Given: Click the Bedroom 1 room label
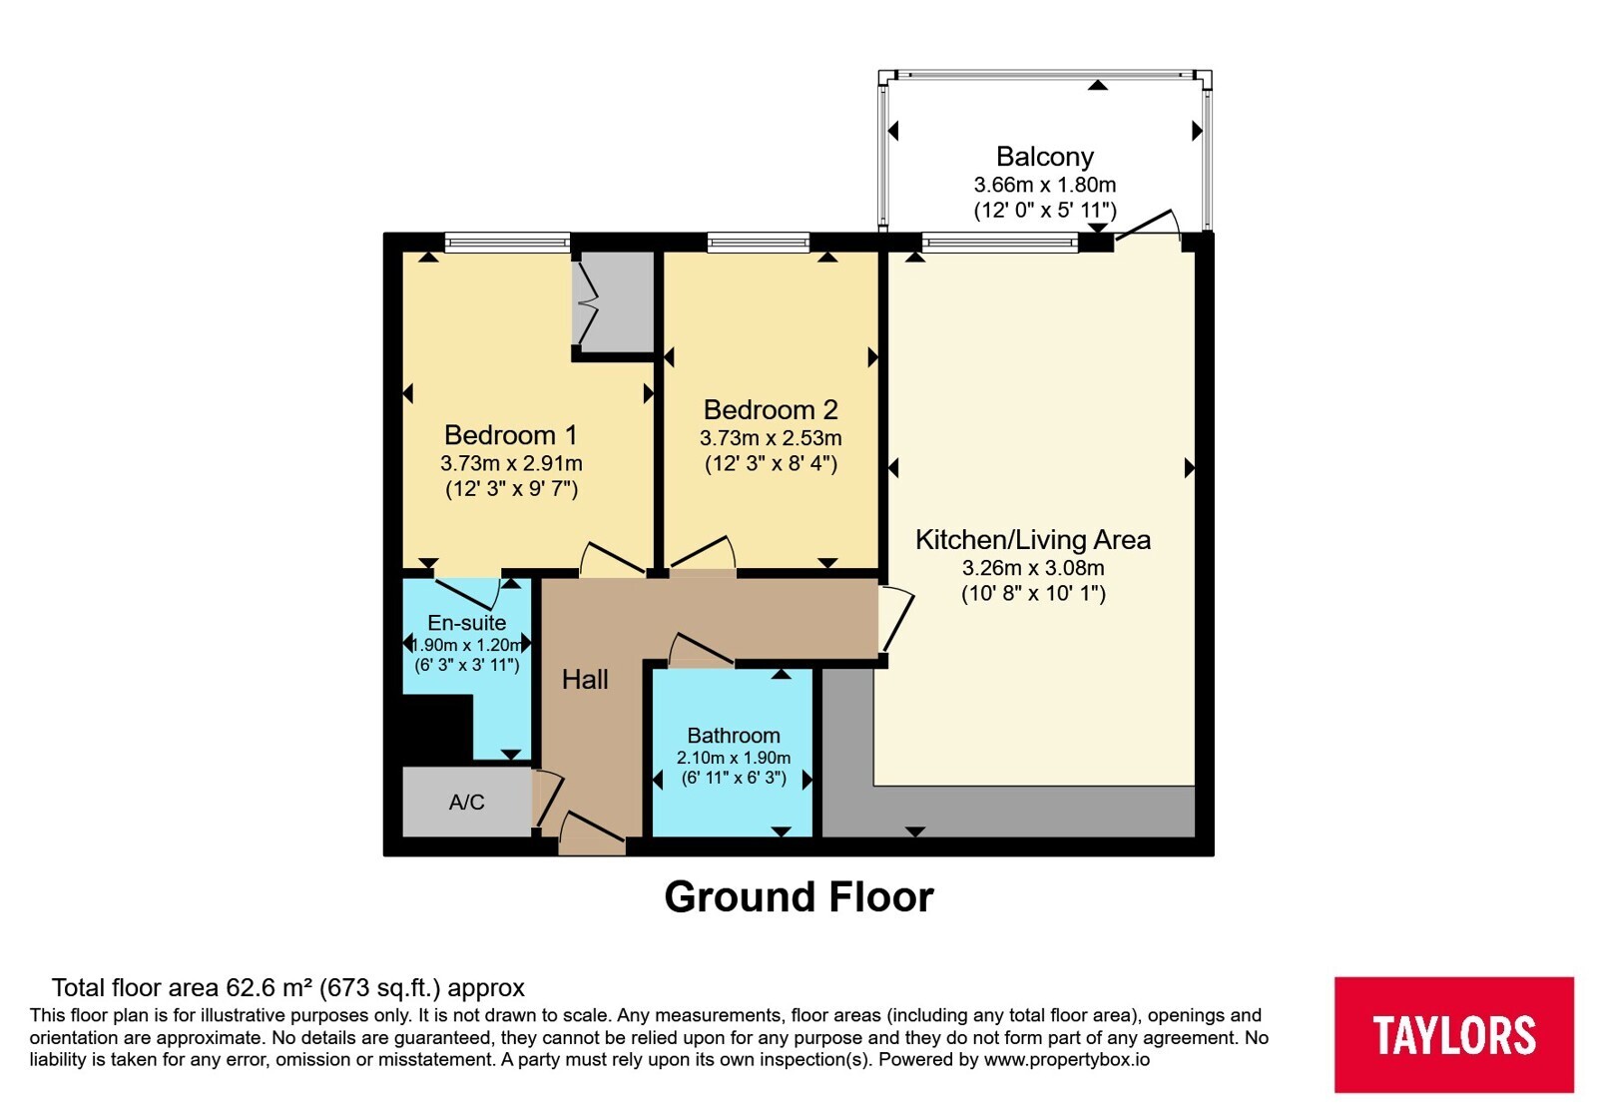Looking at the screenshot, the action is [510, 435].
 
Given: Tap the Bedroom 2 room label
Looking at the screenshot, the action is [771, 410].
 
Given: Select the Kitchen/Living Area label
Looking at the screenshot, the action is [1033, 540].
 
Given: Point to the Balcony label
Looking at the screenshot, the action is [1044, 156].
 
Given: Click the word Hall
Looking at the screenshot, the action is [585, 680].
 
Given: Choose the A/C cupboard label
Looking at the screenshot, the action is [467, 803].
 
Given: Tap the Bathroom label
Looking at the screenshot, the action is [734, 735].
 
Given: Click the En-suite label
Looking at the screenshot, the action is [467, 623].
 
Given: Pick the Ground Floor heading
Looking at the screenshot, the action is [798, 896].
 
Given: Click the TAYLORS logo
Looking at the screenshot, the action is [1454, 1034].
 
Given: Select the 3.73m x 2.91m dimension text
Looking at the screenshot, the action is [511, 463].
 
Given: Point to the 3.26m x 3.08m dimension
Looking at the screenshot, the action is [1033, 568].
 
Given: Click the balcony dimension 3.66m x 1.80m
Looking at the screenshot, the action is [1045, 185].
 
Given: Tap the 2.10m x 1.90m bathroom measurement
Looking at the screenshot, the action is [734, 758].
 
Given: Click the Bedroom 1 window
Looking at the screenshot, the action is [508, 243].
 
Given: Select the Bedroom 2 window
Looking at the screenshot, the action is [759, 243].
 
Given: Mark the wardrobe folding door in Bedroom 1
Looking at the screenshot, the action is [588, 303].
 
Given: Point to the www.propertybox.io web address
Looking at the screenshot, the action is [1067, 1059].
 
